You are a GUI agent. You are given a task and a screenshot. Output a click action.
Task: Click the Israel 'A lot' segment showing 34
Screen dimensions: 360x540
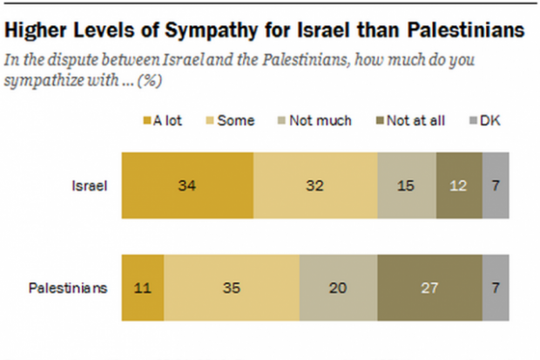[x=187, y=185]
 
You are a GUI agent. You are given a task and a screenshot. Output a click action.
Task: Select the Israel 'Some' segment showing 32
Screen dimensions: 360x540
[x=315, y=185]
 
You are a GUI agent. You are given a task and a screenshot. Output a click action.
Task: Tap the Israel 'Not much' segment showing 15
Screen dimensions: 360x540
[x=407, y=185]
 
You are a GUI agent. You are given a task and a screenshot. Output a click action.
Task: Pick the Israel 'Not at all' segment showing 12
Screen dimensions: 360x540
[x=459, y=185]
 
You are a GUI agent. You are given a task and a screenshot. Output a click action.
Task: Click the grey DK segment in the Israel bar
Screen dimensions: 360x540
[x=495, y=185]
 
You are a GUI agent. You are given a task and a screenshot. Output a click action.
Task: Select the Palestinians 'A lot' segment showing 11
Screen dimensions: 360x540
[x=143, y=289]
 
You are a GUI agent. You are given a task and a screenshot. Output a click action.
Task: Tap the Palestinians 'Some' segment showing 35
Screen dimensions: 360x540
[x=232, y=289]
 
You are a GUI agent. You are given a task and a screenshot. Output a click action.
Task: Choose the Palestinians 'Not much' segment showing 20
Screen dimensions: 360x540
[x=338, y=289]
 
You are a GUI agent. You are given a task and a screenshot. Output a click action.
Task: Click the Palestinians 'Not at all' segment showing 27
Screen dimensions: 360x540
[x=429, y=289]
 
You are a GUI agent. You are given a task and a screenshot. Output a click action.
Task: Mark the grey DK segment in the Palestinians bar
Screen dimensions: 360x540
[x=495, y=289]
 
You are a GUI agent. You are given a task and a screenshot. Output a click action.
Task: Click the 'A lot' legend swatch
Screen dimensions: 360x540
[x=145, y=121]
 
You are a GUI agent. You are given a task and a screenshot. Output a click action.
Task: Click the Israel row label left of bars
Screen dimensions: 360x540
[x=88, y=185]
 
